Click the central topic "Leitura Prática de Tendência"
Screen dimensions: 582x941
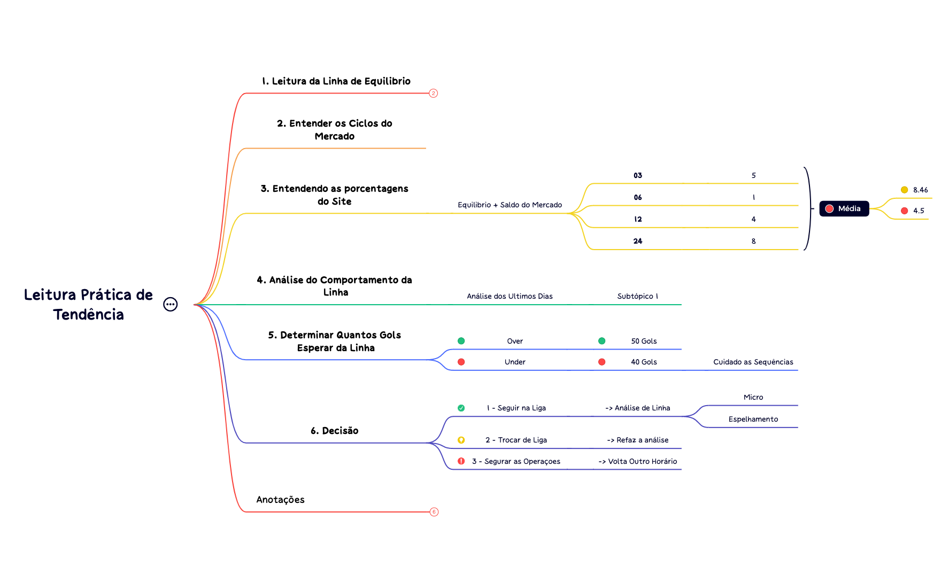pos(89,304)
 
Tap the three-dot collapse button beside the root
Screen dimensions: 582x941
pos(170,304)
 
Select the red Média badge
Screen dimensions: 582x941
pos(844,208)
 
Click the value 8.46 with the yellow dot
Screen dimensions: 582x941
pos(920,190)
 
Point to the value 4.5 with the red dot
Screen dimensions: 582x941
pos(919,211)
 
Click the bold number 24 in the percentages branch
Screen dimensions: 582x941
pos(638,241)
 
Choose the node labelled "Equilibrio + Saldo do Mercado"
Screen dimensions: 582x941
pos(510,205)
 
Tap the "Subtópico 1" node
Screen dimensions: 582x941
pos(637,296)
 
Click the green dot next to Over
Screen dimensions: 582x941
pos(461,341)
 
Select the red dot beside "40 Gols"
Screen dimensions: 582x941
pos(601,362)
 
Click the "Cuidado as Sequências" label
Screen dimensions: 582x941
pos(753,362)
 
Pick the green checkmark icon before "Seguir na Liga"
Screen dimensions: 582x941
pos(461,408)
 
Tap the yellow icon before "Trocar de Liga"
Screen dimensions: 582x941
pos(461,440)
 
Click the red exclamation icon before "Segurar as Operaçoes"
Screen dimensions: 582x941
pos(461,461)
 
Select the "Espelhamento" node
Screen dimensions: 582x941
pos(753,419)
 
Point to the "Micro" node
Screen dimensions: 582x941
pos(753,397)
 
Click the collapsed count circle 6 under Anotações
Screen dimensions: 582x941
pos(434,512)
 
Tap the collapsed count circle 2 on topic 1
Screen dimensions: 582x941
pos(433,94)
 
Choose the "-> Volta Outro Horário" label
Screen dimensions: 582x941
pos(637,461)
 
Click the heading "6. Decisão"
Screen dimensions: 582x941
pos(334,431)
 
